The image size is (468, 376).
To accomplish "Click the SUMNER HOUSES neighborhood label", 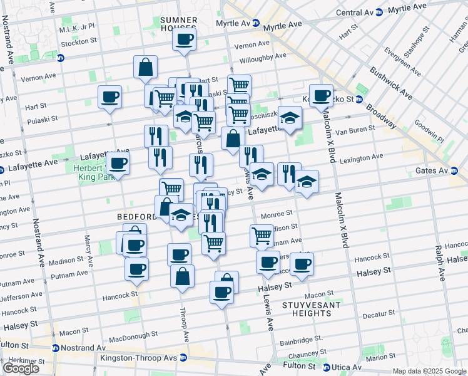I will pyautogui.click(x=178, y=24).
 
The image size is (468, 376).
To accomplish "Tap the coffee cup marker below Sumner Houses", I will pyautogui.click(x=184, y=40).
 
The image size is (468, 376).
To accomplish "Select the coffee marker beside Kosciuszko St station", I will pyautogui.click(x=322, y=96).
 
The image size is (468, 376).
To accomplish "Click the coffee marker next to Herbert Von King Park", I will pyautogui.click(x=118, y=164).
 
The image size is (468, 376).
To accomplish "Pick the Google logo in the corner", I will pyautogui.click(x=21, y=368).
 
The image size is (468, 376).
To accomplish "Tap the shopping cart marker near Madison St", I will pyautogui.click(x=262, y=236).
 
